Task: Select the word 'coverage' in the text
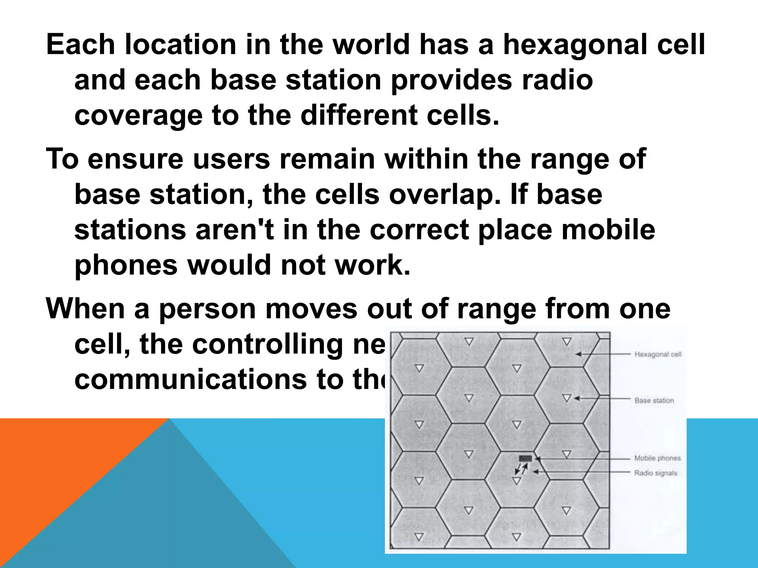coord(138,116)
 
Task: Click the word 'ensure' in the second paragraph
coord(135,159)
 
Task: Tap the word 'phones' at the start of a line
coord(126,266)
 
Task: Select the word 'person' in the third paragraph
coord(207,309)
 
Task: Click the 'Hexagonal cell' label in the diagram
coord(658,354)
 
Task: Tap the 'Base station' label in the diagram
coord(654,400)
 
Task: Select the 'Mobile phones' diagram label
coord(657,458)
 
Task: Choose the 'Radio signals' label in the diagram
coord(655,473)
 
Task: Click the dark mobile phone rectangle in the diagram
coord(525,459)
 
